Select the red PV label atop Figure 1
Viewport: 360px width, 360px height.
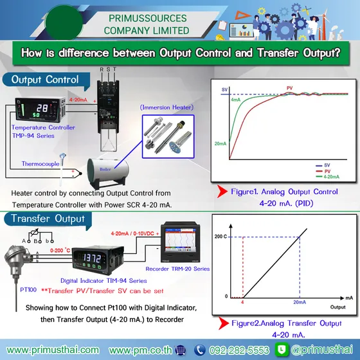tap(291, 86)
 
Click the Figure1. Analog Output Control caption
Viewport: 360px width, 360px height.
tap(288, 191)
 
